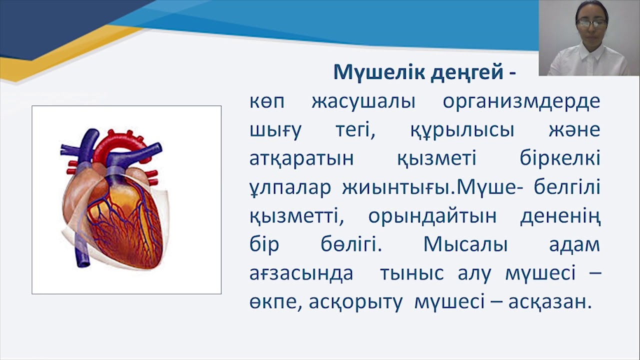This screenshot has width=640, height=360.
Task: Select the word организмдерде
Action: pos(521,102)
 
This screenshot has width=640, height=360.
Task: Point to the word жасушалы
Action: pos(363,102)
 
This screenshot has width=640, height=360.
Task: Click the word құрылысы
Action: pos(462,130)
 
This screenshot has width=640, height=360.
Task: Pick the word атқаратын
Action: pos(301,159)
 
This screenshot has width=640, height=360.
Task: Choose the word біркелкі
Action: pos(559,159)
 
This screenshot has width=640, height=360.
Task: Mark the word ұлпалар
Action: pos(290,188)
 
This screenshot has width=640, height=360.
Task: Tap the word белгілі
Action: pos(559,188)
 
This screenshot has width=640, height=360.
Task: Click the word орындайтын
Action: pos(432,216)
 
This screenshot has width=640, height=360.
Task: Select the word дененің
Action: pos(560,216)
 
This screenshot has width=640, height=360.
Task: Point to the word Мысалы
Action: pos(465,245)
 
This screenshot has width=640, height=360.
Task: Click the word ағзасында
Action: pos(301,274)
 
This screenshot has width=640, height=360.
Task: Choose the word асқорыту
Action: pos(355,302)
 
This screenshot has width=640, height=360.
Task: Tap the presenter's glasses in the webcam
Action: pos(591,22)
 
